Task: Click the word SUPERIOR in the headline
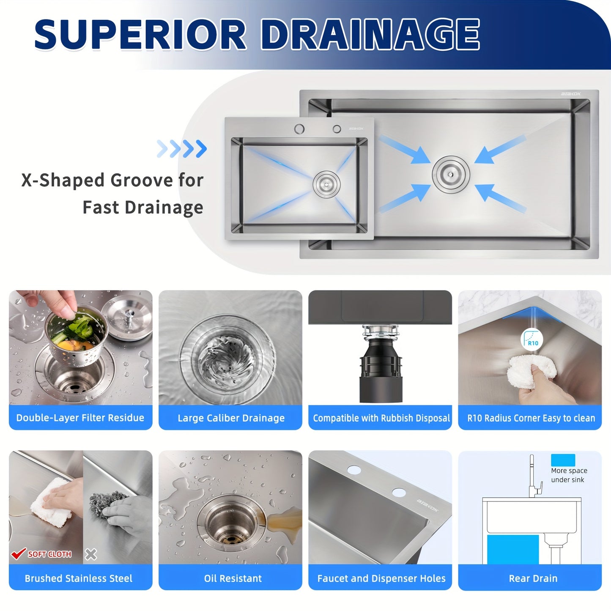coord(140,35)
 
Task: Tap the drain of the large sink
coord(451,174)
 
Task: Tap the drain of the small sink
coord(326,184)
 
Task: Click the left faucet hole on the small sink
coord(299,129)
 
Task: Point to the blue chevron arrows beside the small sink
coord(182,149)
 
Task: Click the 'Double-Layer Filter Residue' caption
coord(80,418)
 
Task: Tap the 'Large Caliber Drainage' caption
coord(231,418)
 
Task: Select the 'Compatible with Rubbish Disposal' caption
coord(381,418)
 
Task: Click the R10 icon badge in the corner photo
coord(532,339)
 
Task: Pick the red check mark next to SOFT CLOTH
coord(18,553)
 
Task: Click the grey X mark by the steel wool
coord(91,554)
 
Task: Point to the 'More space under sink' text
coord(569,475)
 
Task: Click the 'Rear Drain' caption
coord(533,578)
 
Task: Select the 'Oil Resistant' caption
coord(233,578)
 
